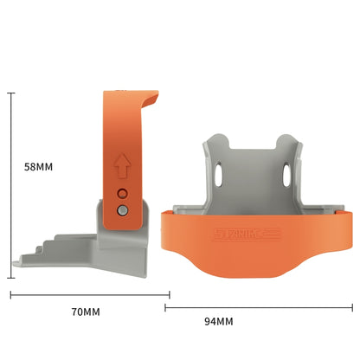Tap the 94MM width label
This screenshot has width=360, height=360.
click(x=219, y=321)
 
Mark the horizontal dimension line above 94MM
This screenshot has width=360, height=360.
click(x=260, y=305)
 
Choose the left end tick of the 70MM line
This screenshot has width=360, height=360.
click(x=11, y=294)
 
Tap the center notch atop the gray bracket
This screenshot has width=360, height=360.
click(x=257, y=144)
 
